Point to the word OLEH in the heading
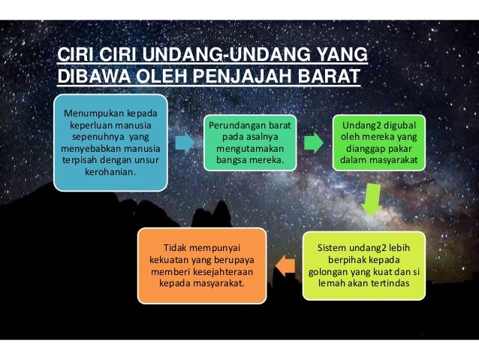pyautogui.click(x=156, y=77)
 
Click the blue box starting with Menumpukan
pyautogui.click(x=109, y=144)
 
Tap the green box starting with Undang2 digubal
pyautogui.click(x=381, y=143)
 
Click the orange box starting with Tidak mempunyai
pyautogui.click(x=202, y=265)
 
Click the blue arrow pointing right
pyautogui.click(x=184, y=142)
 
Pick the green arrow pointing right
pyautogui.click(x=313, y=142)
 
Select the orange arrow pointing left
pyautogui.click(x=285, y=263)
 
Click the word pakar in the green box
pyautogui.click(x=409, y=149)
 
